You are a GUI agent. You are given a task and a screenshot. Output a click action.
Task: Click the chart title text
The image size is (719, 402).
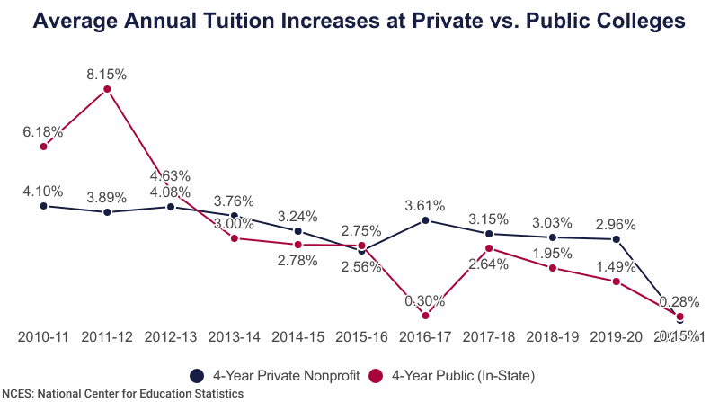(359, 22)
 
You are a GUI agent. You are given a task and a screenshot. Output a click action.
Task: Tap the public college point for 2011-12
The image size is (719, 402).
(107, 89)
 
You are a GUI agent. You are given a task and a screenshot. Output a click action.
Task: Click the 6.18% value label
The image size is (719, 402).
(43, 132)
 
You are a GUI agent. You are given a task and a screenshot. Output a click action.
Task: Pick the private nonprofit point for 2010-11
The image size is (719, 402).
(43, 206)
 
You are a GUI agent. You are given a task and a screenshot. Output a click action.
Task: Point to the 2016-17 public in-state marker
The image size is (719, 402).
(425, 316)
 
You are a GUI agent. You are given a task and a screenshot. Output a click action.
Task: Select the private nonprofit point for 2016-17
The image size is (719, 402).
(425, 220)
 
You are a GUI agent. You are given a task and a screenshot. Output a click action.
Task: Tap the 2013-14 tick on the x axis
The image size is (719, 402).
(234, 336)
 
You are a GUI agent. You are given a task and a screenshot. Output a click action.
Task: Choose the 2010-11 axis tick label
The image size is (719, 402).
(43, 336)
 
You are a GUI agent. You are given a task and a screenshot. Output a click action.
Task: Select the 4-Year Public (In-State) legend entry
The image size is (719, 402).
(458, 374)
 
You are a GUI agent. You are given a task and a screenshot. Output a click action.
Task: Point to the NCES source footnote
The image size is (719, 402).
(122, 393)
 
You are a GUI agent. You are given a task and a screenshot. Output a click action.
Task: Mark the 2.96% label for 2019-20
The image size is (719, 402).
(616, 224)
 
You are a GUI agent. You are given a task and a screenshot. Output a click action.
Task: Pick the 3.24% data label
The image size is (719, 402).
(297, 216)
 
